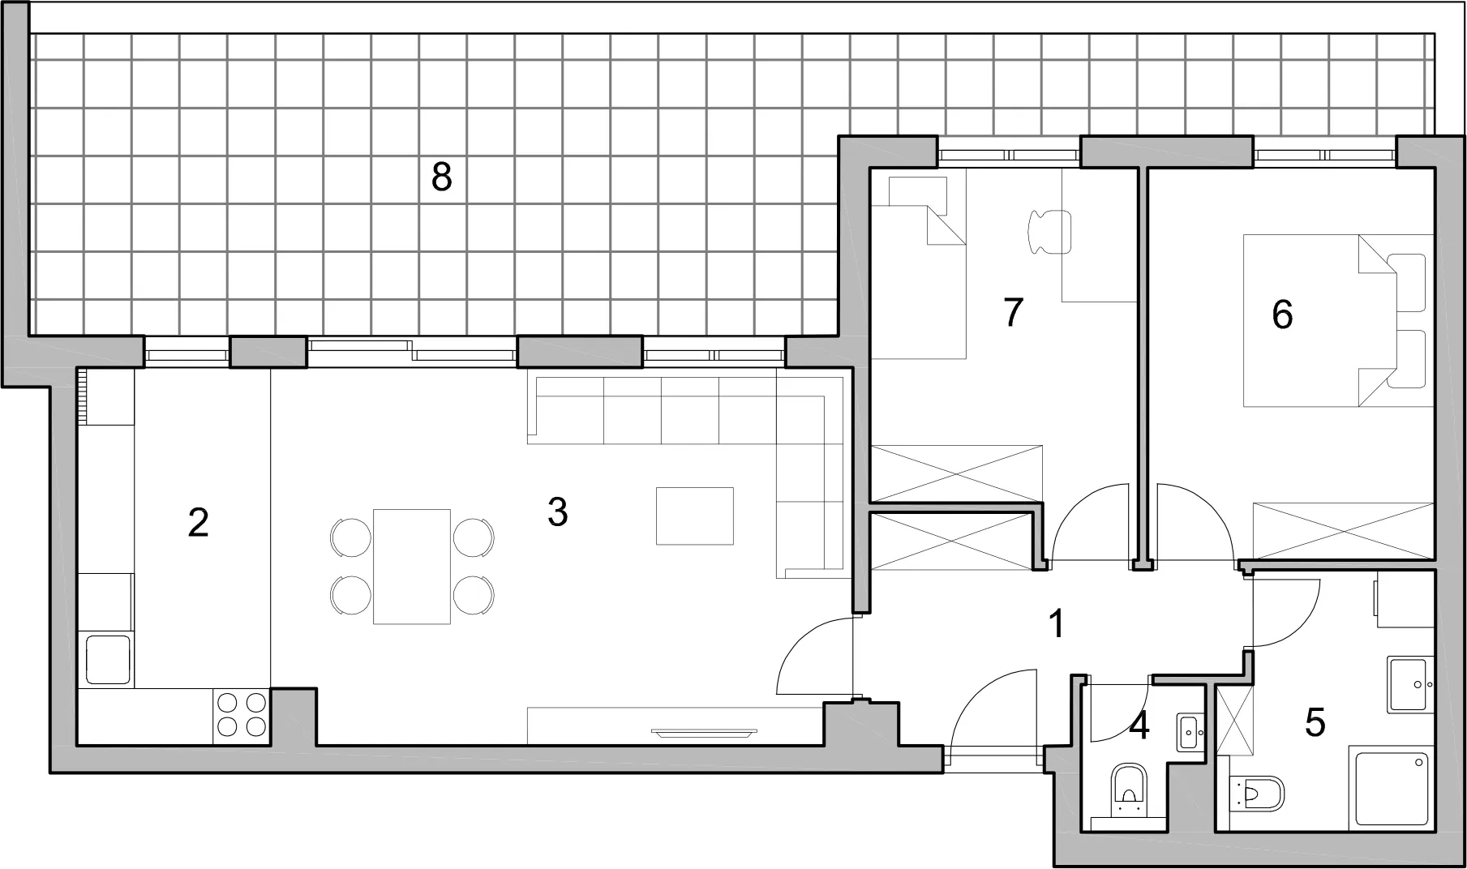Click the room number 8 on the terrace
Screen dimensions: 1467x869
pos(441,177)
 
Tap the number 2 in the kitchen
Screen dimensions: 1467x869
pos(198,523)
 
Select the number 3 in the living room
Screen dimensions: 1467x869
pos(557,512)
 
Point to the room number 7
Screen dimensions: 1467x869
pos(1013,312)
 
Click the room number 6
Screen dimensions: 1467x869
pos(1282,315)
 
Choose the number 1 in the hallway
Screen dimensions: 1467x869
pos(1056,624)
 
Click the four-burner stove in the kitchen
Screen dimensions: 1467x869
pos(242,714)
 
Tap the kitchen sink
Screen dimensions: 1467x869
pos(108,660)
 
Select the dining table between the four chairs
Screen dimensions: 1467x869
pos(412,567)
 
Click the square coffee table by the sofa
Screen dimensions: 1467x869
pos(695,516)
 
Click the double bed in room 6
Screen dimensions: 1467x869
pos(1339,320)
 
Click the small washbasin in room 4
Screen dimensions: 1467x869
pos(1190,732)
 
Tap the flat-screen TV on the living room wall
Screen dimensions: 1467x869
pos(704,733)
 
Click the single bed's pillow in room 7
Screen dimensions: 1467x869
pos(918,192)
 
